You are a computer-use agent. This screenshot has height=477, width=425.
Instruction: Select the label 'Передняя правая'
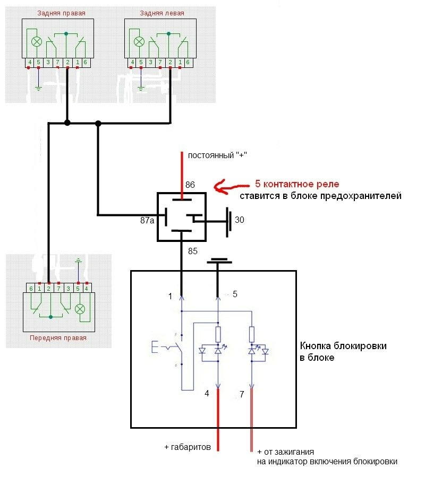coord(58,337)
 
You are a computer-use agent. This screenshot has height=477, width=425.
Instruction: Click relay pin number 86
coord(190,185)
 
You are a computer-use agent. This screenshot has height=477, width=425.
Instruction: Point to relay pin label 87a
coord(147,220)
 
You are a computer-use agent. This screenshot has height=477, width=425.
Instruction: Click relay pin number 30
coord(240,219)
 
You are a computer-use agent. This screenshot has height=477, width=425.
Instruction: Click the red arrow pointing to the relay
coord(230,187)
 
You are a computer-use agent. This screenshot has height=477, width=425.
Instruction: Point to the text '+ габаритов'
coord(188,447)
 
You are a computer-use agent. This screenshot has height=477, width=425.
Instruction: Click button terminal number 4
coord(208,394)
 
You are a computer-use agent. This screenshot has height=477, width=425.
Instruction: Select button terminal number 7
coord(242,395)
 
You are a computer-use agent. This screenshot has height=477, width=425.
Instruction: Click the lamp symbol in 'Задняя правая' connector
coord(37,41)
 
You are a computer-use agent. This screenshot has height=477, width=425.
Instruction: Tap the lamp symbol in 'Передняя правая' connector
coord(81,308)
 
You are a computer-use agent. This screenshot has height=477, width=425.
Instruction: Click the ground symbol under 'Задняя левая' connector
coord(140,88)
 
